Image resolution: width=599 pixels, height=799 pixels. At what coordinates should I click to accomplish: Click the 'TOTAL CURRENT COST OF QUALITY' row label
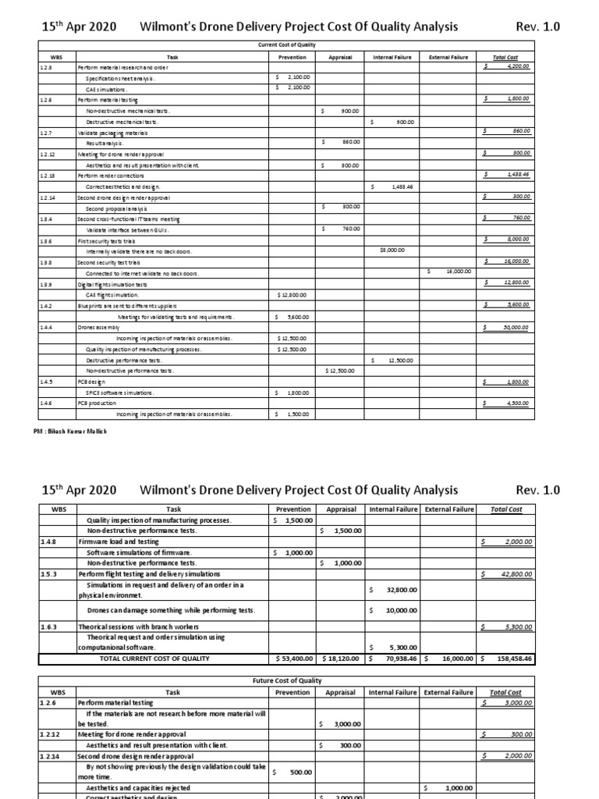tap(154, 659)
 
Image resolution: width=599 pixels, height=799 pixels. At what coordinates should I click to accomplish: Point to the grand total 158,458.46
tap(507, 659)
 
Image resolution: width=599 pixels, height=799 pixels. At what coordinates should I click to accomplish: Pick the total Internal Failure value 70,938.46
tap(394, 659)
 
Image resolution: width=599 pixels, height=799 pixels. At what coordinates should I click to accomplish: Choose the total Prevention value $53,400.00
tap(292, 659)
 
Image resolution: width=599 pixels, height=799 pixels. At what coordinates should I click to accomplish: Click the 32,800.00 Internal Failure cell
tap(398, 591)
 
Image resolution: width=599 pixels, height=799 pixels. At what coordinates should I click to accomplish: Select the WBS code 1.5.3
tap(48, 574)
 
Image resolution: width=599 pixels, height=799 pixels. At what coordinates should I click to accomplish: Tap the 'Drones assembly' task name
tap(100, 328)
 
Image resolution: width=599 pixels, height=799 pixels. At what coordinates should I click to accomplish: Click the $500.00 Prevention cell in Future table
tap(295, 772)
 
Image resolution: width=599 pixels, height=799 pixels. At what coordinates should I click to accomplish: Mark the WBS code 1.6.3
tap(48, 627)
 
